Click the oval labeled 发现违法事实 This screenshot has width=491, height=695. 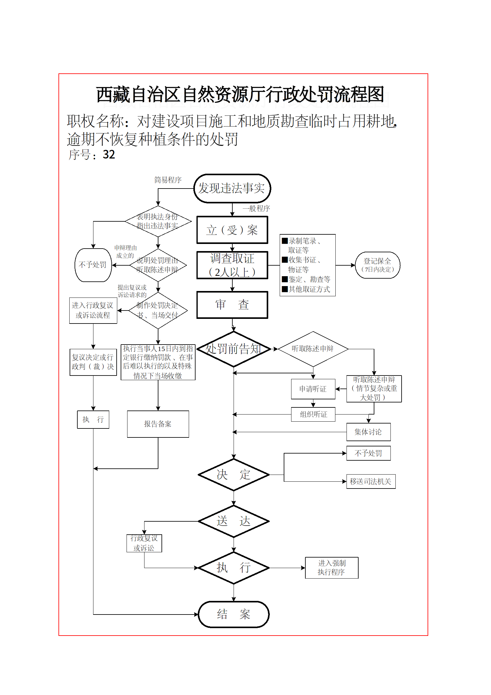click(x=232, y=188)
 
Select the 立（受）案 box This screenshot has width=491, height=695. click(x=232, y=230)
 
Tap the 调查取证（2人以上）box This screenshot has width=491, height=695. click(x=232, y=265)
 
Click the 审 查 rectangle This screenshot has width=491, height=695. click(x=232, y=305)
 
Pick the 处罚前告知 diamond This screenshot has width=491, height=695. click(x=234, y=349)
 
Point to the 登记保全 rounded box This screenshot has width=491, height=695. click(x=377, y=265)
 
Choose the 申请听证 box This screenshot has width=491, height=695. click(x=313, y=389)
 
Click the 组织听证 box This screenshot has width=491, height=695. click(x=313, y=414)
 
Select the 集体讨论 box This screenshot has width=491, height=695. click(x=368, y=432)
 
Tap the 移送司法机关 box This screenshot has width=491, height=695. click(x=371, y=481)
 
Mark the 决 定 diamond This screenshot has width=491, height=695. click(x=234, y=475)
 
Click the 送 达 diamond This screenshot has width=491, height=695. click(x=234, y=521)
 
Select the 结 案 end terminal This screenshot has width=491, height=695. click(x=234, y=614)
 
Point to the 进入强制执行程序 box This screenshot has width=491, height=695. click(x=332, y=568)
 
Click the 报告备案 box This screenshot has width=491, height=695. click(x=158, y=424)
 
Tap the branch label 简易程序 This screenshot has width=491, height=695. click(x=168, y=180)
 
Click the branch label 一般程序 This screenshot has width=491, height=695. click(x=256, y=208)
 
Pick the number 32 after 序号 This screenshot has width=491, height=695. click(x=109, y=154)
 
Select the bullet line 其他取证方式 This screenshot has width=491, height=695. click(x=306, y=289)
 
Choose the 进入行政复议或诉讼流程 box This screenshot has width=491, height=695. click(x=93, y=310)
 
